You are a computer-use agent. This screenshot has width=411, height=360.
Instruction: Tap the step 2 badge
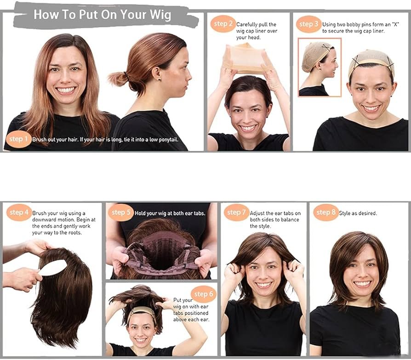[223, 24]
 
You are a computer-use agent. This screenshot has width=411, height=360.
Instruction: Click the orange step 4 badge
[19, 213]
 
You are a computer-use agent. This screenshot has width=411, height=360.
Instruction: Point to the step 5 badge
[120, 213]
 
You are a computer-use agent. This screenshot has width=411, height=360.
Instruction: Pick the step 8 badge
[326, 213]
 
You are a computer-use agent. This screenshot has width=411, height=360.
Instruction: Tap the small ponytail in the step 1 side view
[118, 79]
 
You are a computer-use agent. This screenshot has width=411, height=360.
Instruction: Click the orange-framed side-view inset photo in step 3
[320, 67]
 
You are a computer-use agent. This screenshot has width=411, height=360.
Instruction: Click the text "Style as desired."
[358, 214]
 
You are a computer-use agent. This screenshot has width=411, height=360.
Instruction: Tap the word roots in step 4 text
[73, 233]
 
